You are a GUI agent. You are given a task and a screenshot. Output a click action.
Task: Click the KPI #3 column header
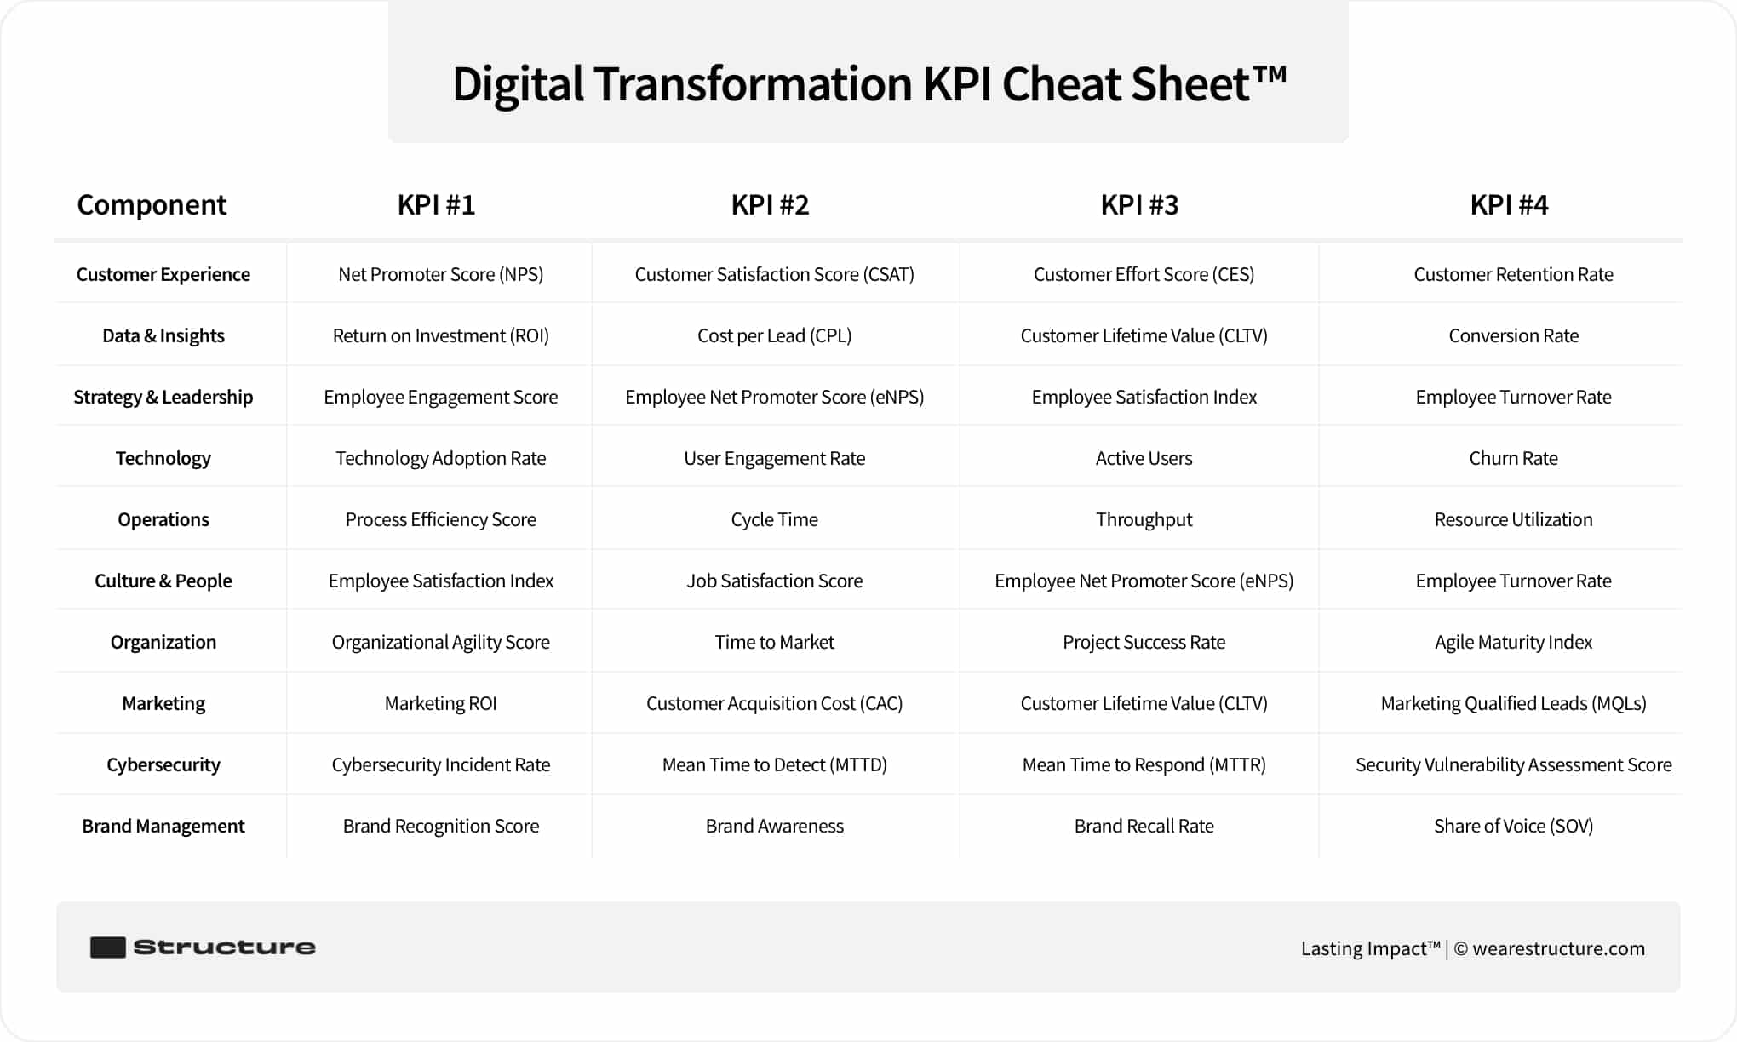[x=1139, y=205]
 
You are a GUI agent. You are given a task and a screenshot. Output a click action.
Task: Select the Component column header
[x=152, y=205]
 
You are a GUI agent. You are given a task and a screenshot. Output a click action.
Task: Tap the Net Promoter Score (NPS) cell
[x=440, y=274]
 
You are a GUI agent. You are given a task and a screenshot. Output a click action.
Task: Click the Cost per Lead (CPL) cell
[x=774, y=335]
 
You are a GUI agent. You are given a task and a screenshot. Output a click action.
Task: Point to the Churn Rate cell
[x=1513, y=458]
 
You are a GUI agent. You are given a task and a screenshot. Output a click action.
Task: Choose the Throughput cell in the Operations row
[x=1144, y=519]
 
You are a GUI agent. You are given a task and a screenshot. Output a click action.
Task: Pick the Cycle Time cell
[x=774, y=519]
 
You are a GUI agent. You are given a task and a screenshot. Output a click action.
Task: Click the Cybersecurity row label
[x=163, y=764]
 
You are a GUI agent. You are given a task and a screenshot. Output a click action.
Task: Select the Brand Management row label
[x=163, y=826]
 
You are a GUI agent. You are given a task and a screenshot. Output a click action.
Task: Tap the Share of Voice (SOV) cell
[x=1513, y=826]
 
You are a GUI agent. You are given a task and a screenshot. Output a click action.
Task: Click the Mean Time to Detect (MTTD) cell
[x=774, y=764]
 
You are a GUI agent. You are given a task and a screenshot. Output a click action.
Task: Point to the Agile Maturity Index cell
[x=1513, y=642]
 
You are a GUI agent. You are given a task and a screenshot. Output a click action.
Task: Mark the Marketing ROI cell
[x=440, y=703]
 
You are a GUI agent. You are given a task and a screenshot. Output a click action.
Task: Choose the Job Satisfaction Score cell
[x=774, y=581]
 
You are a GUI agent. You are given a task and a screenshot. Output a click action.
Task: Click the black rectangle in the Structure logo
[x=108, y=948]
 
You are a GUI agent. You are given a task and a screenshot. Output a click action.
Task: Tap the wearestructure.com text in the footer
[x=1558, y=948]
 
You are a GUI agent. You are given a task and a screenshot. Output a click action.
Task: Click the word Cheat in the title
[x=1062, y=84]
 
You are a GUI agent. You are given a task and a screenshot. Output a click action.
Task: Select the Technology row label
[x=163, y=458]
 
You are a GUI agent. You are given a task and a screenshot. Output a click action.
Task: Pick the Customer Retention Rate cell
[x=1513, y=274]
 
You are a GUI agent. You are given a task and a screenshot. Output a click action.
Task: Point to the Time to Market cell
[x=774, y=642]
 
